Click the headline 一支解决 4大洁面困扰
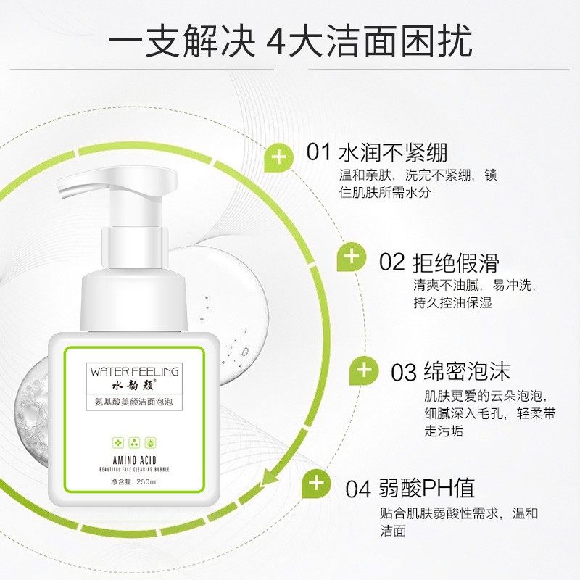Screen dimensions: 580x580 pyautogui.click(x=290, y=41)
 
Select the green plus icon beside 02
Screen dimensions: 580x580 pyautogui.click(x=352, y=257)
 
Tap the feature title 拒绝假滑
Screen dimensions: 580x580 pyautogui.click(x=455, y=262)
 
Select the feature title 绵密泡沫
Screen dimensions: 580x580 pyautogui.click(x=467, y=373)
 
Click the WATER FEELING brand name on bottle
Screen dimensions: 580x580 pyautogui.click(x=134, y=370)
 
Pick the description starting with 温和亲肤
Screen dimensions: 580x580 pyautogui.click(x=418, y=184)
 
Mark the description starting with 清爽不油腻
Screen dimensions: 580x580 pyautogui.click(x=474, y=294)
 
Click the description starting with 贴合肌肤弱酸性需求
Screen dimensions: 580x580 pyautogui.click(x=459, y=522)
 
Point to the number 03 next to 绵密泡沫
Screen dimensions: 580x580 pyautogui.click(x=403, y=373)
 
